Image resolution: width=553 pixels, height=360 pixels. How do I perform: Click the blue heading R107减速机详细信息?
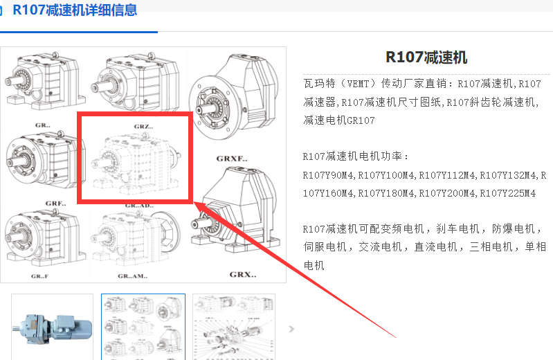75,10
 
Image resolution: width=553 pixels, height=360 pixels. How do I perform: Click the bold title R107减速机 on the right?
426,57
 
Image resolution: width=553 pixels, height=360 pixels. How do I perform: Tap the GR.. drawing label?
43,125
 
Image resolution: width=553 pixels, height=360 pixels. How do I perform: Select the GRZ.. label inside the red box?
143,127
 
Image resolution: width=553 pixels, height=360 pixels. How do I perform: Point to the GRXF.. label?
232,159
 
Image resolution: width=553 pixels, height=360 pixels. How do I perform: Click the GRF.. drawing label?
56,204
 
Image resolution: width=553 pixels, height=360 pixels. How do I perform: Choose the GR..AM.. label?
133,276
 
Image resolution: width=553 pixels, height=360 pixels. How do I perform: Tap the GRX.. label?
243,274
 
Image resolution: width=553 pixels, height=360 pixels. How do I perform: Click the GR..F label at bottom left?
39,276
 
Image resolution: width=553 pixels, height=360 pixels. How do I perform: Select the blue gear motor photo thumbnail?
52,327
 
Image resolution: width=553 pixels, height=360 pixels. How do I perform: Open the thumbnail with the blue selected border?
143,327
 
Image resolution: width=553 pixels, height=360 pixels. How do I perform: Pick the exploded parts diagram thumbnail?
234,327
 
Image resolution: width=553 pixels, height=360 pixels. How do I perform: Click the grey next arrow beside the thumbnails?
291,330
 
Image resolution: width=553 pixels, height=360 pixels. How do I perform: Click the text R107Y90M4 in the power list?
328,175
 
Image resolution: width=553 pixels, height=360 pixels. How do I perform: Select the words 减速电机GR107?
339,120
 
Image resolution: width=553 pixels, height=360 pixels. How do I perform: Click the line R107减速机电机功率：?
355,156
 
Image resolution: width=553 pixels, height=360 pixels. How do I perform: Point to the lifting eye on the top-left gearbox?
55,55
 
